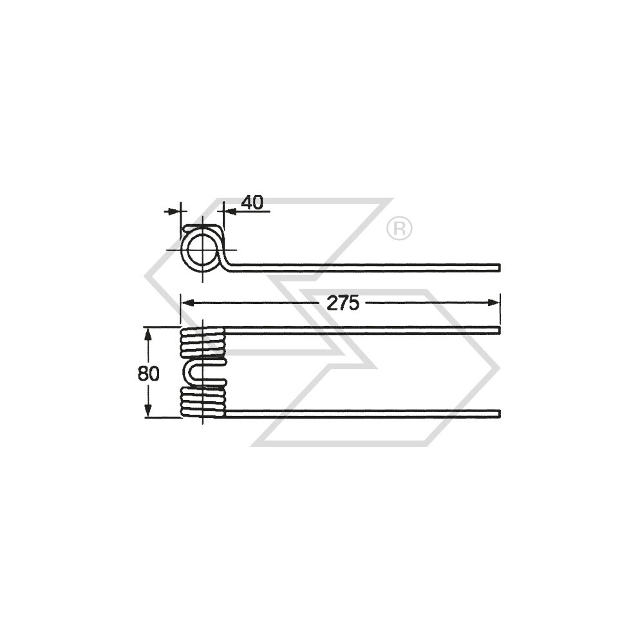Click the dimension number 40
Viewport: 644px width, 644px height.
pos(252,202)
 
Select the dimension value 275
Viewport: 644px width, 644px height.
pos(342,303)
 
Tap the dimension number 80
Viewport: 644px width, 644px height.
pos(148,374)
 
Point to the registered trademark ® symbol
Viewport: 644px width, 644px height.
pos(399,229)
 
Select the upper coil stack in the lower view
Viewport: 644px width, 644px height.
pos(203,342)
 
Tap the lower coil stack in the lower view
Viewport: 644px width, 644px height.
pos(203,401)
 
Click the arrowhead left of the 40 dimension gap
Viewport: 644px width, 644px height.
pos(175,211)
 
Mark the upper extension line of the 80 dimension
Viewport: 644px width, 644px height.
pos(161,327)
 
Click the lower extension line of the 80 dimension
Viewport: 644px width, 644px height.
pos(161,417)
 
